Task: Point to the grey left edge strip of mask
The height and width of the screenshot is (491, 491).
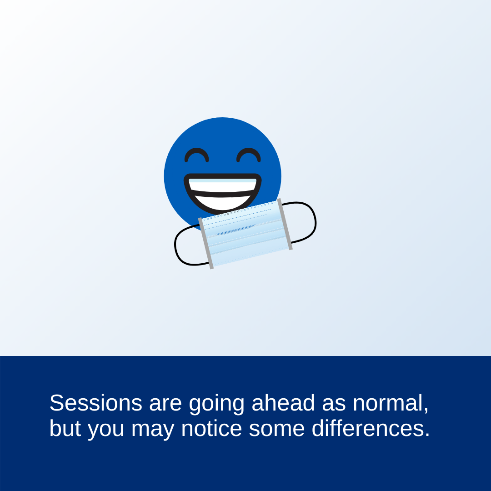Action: tap(206, 243)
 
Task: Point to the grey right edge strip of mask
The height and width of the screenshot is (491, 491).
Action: tap(285, 224)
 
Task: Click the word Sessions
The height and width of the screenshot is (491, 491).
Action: tap(96, 403)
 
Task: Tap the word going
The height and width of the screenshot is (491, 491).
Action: tap(216, 404)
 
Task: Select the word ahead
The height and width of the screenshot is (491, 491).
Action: tap(283, 403)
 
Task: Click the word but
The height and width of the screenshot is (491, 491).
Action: tap(65, 428)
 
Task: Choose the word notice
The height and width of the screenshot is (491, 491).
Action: tap(211, 428)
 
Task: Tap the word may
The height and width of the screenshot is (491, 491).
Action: tap(152, 430)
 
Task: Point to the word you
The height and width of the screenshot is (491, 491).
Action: tap(106, 430)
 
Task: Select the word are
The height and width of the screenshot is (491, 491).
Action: tap(165, 404)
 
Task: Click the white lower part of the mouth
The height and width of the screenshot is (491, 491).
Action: tap(222, 203)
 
